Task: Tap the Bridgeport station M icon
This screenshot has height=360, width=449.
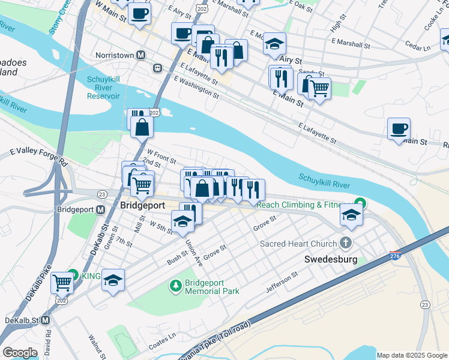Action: click(100, 210)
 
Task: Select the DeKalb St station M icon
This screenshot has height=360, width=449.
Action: click(46, 320)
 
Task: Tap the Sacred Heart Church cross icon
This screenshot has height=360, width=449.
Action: click(345, 243)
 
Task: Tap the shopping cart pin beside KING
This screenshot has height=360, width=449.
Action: click(62, 281)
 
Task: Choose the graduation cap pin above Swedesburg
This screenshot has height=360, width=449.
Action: click(351, 215)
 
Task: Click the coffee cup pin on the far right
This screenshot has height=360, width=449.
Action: click(399, 128)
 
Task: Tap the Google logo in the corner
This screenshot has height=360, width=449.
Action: click(20, 353)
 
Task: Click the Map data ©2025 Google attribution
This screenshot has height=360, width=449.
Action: click(412, 355)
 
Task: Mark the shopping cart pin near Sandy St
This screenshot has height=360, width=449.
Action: click(319, 89)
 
